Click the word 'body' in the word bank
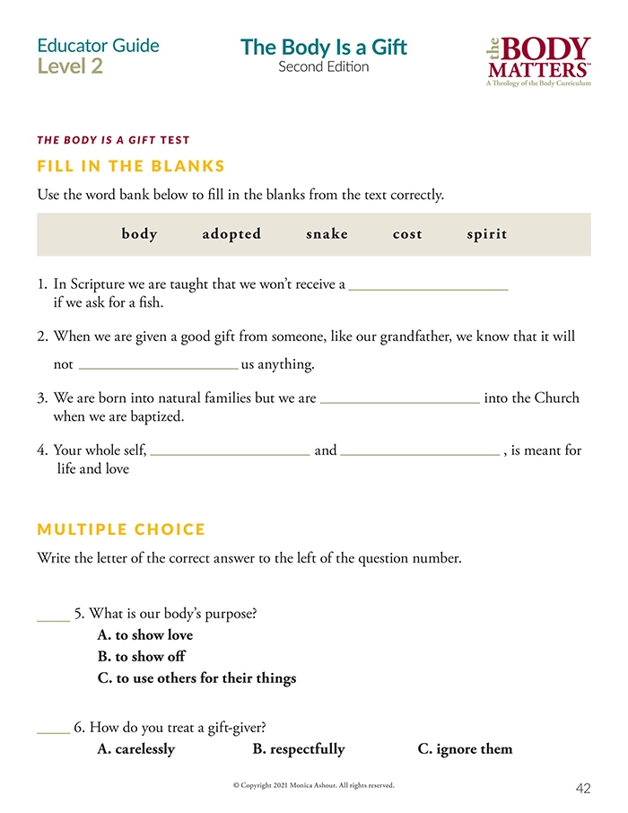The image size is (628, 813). (x=139, y=234)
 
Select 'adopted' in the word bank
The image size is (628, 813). (x=231, y=234)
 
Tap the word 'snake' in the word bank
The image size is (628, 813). (x=327, y=234)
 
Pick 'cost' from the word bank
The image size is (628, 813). (x=407, y=234)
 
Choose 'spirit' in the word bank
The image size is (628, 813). (x=487, y=234)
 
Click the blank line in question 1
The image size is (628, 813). (x=428, y=288)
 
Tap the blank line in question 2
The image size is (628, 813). (x=158, y=367)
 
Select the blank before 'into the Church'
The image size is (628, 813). (x=399, y=402)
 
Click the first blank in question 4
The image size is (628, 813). (x=230, y=454)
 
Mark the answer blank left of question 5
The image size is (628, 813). (x=53, y=618)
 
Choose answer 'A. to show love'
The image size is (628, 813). (x=145, y=635)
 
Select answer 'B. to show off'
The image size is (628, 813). (x=142, y=657)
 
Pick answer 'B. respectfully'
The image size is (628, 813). (x=299, y=749)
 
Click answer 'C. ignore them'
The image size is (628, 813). (x=465, y=749)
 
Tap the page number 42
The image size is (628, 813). (x=583, y=789)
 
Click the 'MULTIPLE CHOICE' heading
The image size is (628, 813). (x=121, y=529)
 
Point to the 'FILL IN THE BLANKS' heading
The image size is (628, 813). (x=131, y=166)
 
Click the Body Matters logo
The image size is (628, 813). (x=538, y=61)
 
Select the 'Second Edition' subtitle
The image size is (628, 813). (x=323, y=67)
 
